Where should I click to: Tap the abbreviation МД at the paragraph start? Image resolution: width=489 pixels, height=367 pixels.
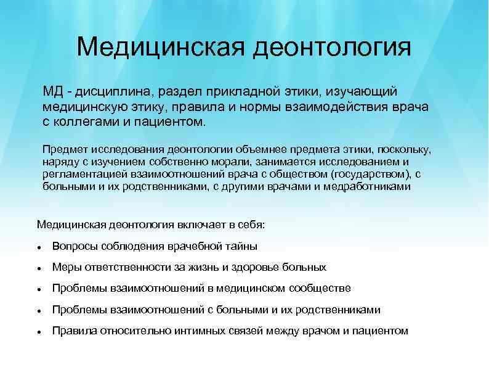click(52, 92)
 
